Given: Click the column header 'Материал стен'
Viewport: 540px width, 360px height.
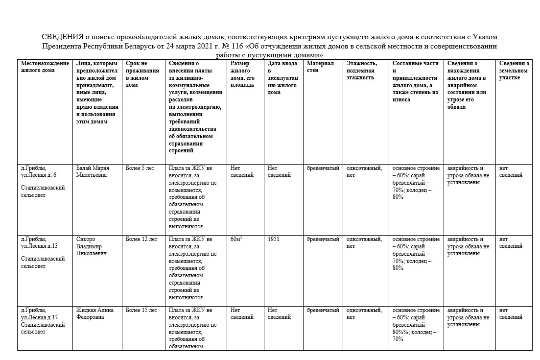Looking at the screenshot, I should click(x=320, y=67).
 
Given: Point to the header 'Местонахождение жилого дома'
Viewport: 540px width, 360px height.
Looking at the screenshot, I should click(x=42, y=67).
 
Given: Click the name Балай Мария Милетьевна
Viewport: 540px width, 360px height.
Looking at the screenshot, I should click(x=94, y=171).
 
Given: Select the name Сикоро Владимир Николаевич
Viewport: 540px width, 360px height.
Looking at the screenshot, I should click(x=92, y=246).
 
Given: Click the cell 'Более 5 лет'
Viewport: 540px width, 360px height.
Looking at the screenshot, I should click(x=140, y=168).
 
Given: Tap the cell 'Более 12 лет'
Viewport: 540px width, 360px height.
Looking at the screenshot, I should click(x=141, y=240).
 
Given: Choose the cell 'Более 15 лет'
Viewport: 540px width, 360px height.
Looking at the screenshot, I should click(x=141, y=310).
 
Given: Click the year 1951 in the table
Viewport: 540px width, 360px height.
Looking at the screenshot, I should click(x=274, y=240).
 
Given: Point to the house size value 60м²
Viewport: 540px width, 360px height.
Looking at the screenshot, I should click(x=236, y=240).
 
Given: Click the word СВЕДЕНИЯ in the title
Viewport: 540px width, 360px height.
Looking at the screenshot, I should click(x=61, y=37).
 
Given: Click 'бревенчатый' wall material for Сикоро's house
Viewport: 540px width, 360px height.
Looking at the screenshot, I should click(x=323, y=240).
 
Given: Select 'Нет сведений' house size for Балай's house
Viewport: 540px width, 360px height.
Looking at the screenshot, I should click(x=242, y=171).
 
